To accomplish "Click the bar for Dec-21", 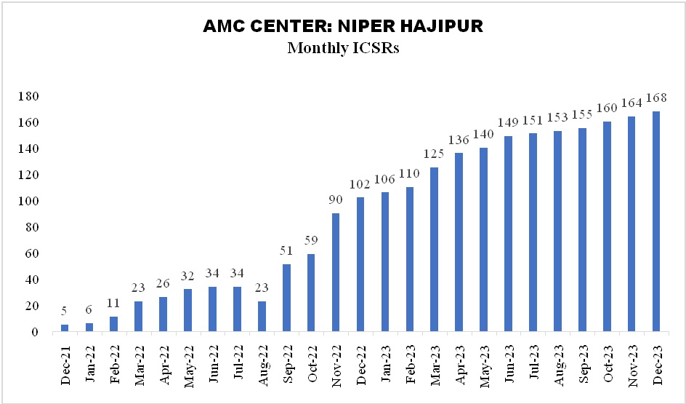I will (x=65, y=328).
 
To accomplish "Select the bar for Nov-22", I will (x=336, y=272).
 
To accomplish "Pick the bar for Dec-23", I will (x=655, y=221).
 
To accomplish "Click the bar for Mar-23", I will (x=434, y=250).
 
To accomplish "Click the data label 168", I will (x=655, y=99).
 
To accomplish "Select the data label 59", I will (x=311, y=242).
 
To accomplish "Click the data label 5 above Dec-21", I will (x=65, y=312).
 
